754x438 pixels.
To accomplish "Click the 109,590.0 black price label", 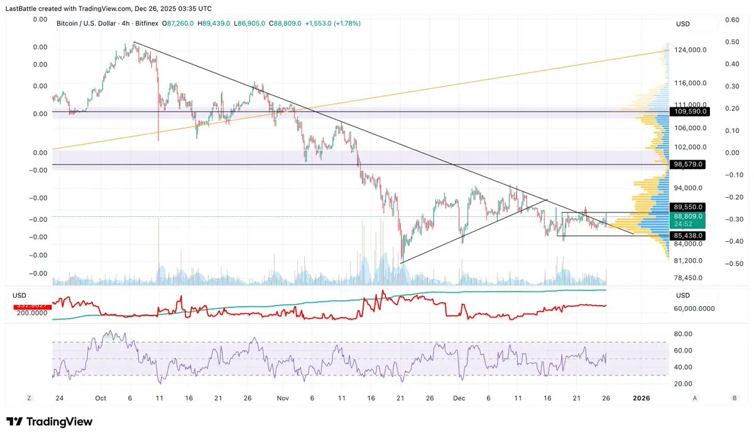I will tap(689, 111).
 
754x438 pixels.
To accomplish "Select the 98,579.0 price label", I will tap(689, 164).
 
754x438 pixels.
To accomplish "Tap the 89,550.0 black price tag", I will tap(689, 207).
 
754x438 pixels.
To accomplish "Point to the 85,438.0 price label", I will tap(689, 236).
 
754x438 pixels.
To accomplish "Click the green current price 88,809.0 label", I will tap(689, 216).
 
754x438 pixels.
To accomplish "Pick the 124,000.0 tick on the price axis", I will tap(690, 50).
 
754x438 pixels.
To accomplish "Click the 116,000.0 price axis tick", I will tap(690, 83).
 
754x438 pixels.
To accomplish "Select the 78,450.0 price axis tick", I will tap(688, 278).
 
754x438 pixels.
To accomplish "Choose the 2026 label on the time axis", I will tap(641, 398).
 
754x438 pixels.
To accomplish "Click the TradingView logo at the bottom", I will tap(50, 422).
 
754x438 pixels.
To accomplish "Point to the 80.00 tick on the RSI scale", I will tap(684, 334).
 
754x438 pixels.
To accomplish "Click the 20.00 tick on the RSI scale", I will tap(684, 383).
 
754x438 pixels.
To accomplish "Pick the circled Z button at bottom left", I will tap(28, 398).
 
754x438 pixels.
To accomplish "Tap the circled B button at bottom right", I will tap(735, 398).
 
